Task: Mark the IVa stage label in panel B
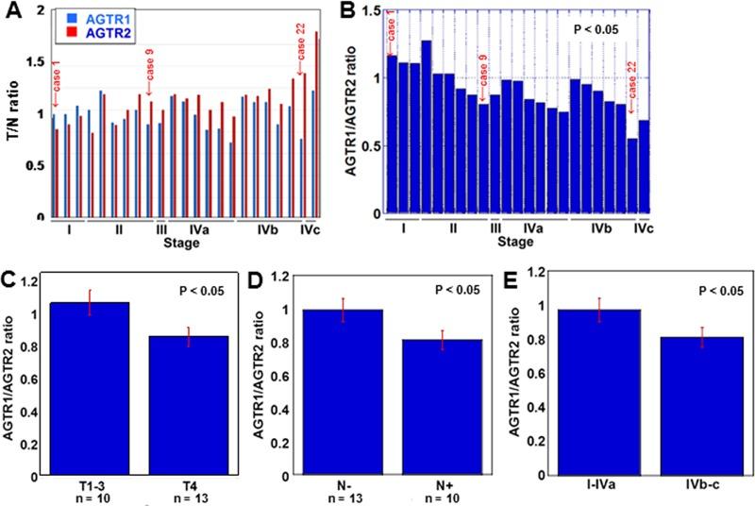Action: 534,229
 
